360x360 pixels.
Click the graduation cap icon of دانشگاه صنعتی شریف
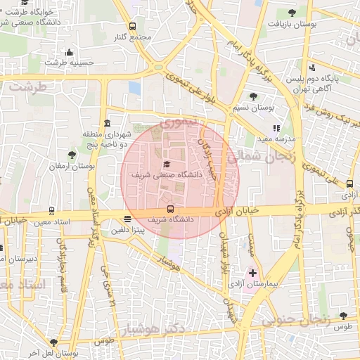click(x=167, y=164)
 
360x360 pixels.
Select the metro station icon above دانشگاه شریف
click(x=170, y=209)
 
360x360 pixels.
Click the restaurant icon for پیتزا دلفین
click(x=127, y=219)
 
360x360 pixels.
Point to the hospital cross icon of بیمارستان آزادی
click(x=253, y=272)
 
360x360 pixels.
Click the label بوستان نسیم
click(x=253, y=108)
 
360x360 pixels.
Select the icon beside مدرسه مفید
click(x=276, y=129)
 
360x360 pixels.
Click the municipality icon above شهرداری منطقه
click(x=107, y=123)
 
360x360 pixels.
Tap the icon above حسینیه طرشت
click(x=69, y=52)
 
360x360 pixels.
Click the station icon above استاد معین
click(x=51, y=210)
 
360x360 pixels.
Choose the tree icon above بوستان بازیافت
click(x=292, y=13)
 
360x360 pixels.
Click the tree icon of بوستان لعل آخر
click(x=53, y=342)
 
